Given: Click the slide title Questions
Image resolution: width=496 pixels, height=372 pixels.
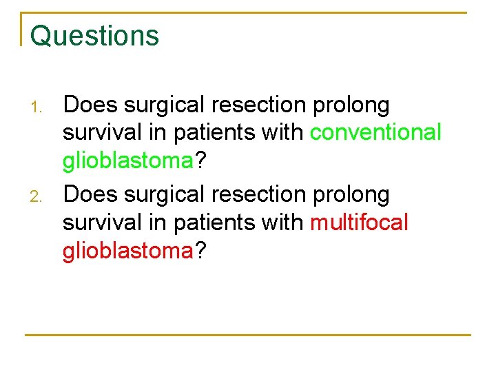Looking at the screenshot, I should pyautogui.click(x=94, y=36).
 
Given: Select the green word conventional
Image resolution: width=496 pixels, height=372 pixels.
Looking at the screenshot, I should pyautogui.click(x=375, y=132).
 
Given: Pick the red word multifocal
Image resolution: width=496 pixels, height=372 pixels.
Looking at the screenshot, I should pyautogui.click(x=359, y=223).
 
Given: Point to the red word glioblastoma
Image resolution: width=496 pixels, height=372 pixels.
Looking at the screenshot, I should pyautogui.click(x=127, y=251).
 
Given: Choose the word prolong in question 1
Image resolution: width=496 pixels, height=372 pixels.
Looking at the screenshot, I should pyautogui.click(x=351, y=105).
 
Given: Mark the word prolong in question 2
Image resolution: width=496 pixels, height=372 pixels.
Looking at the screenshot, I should pyautogui.click(x=351, y=196).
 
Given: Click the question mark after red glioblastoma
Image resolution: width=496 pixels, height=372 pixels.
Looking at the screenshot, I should pyautogui.click(x=200, y=251).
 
